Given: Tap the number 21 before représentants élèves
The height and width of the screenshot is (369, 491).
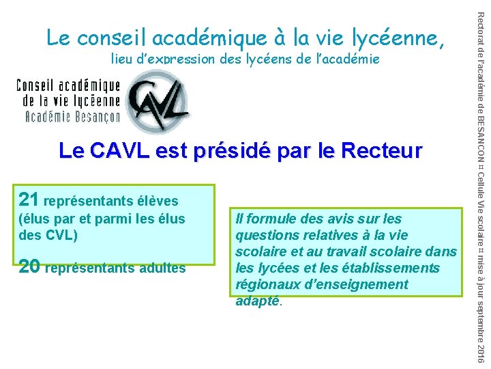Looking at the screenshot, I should [x=29, y=200].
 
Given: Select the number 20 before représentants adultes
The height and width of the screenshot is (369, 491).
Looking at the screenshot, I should [x=29, y=266].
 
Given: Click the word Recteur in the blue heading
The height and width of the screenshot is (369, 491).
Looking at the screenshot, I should [x=387, y=150].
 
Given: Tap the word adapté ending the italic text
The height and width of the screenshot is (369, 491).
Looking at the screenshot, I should [x=256, y=301].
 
